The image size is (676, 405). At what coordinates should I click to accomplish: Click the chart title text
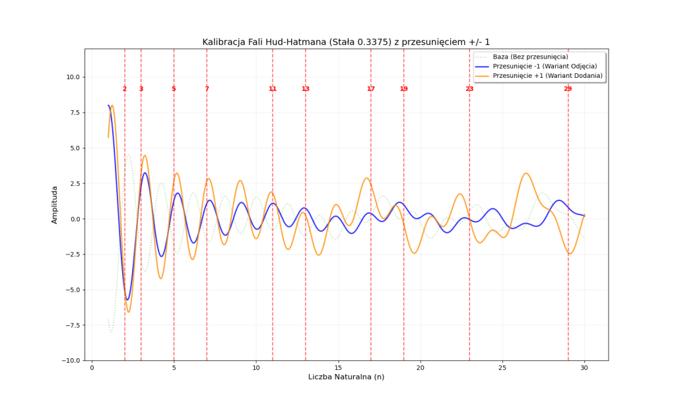[x=346, y=42]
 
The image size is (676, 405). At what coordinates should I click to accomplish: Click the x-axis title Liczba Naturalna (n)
[x=346, y=377]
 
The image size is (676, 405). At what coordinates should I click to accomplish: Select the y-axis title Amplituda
[x=55, y=204]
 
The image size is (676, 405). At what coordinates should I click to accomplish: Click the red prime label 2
[x=124, y=89]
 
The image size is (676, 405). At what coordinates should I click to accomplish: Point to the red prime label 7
[x=207, y=89]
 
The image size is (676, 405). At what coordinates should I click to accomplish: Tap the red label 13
[x=305, y=89]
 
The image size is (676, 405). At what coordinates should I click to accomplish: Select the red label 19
[x=403, y=89]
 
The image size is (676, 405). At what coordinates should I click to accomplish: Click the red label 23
[x=469, y=89]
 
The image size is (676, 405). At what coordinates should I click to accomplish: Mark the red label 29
[x=568, y=89]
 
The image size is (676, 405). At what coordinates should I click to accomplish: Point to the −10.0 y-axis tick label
[x=70, y=361]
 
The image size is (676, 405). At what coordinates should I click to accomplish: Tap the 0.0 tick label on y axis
[x=74, y=219]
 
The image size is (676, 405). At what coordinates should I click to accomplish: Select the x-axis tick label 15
[x=338, y=367]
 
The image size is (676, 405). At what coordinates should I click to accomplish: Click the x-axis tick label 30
[x=584, y=367]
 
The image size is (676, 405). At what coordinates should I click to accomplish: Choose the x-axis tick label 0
[x=92, y=367]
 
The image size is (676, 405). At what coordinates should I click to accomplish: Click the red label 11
[x=272, y=89]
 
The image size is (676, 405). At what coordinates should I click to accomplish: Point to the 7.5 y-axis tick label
[x=74, y=113]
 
